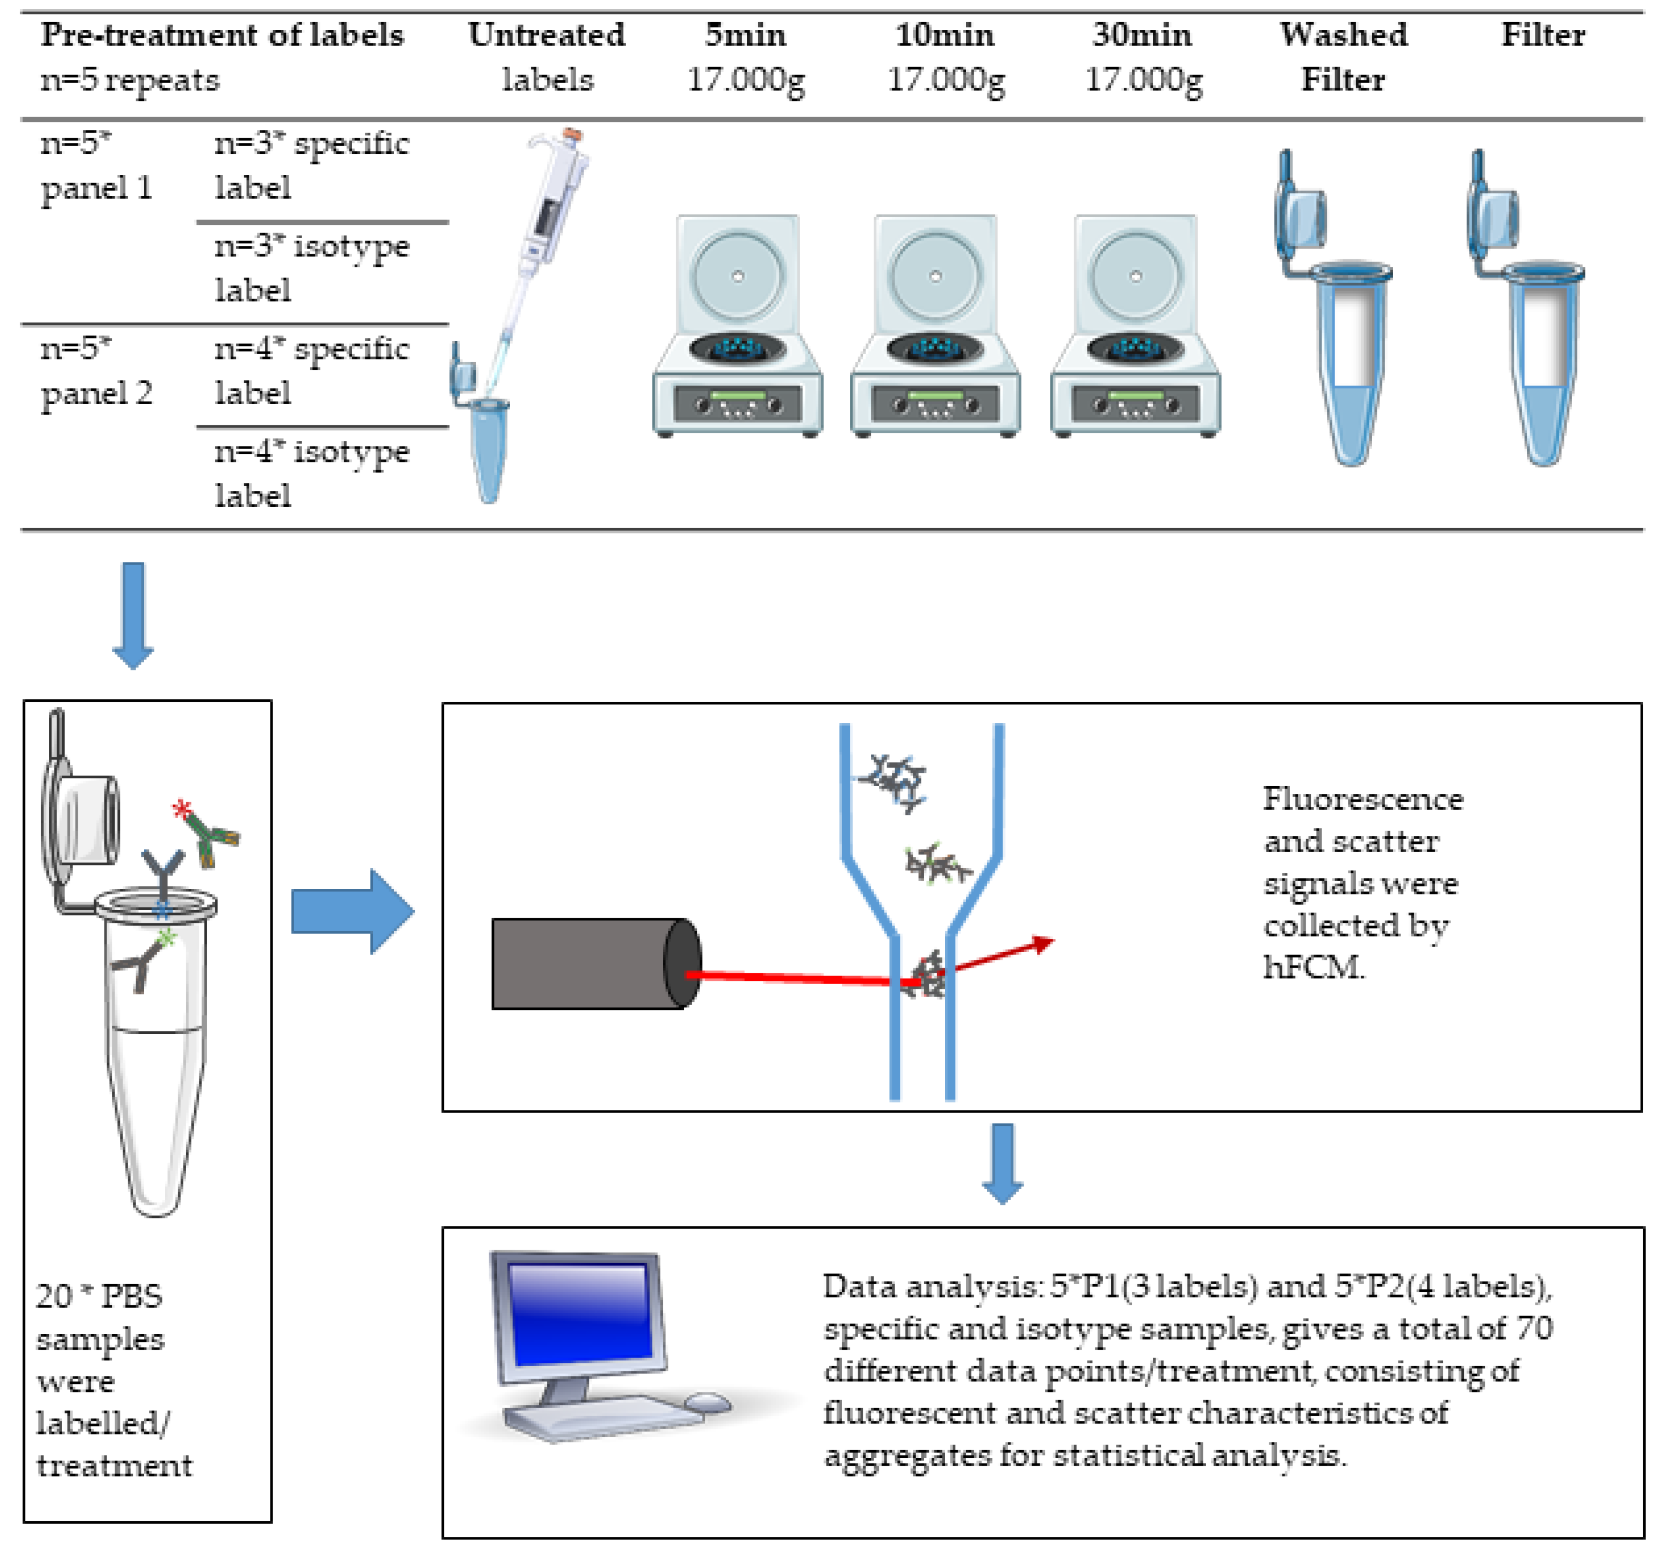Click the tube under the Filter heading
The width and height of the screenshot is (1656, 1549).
[x=1533, y=333]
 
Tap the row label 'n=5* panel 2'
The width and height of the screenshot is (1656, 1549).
[x=96, y=370]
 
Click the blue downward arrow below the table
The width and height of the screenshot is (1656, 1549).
[x=133, y=615]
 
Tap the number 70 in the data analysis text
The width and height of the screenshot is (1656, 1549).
[x=1533, y=1328]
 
